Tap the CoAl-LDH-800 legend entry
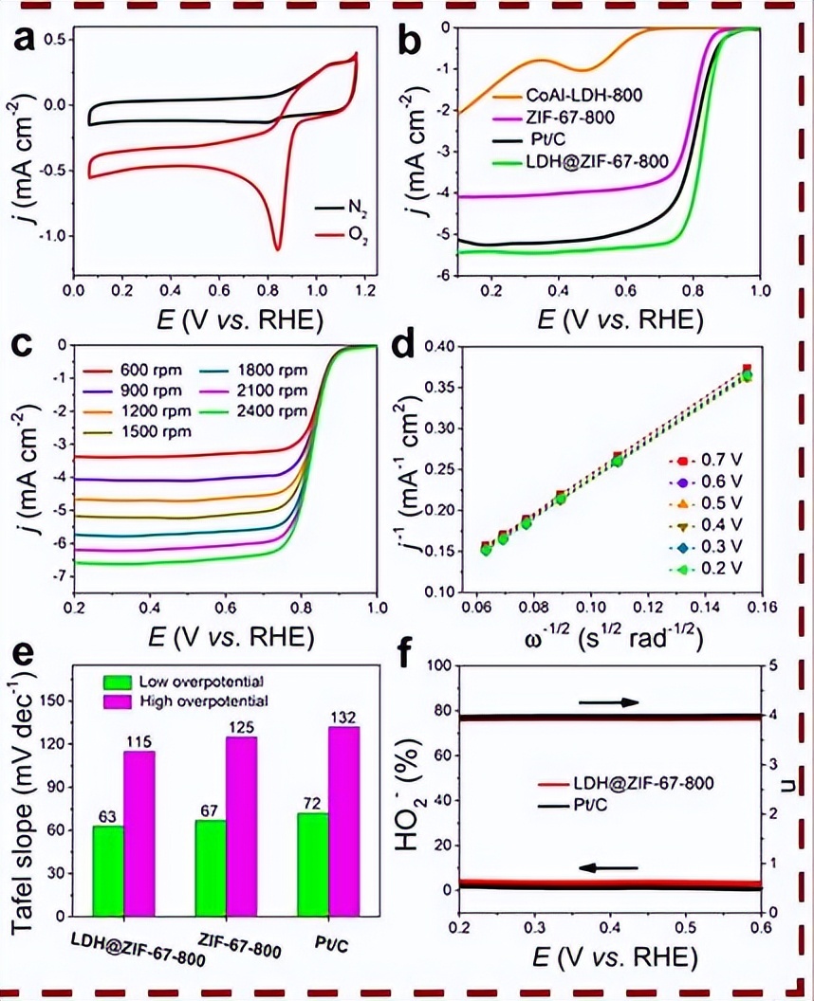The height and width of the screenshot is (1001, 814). coord(579,95)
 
